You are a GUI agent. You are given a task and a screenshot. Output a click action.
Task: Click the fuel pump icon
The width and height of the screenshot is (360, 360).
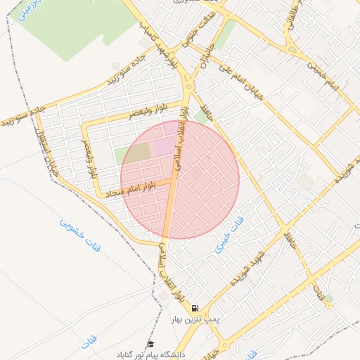[x=195, y=308]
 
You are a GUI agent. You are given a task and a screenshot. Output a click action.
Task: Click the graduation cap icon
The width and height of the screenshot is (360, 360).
[x=150, y=344]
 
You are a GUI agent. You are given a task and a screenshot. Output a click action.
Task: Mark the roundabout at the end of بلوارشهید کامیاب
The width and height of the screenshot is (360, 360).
[x=189, y=88]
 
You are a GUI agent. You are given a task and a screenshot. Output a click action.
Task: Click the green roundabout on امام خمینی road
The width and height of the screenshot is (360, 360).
[x=291, y=49]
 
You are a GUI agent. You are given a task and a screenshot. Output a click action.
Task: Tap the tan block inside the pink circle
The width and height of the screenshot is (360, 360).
[x=139, y=151]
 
